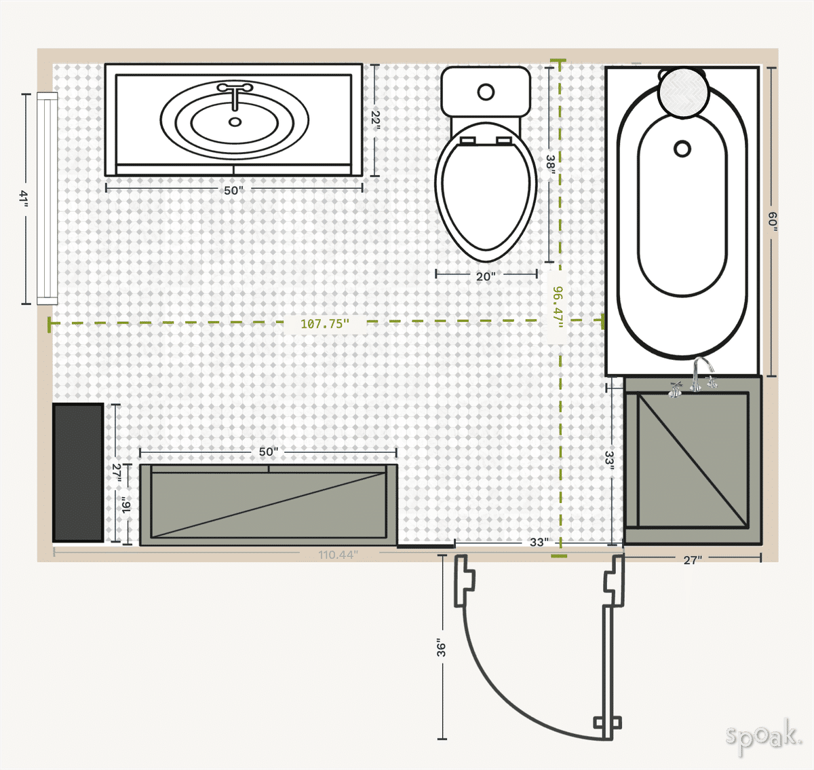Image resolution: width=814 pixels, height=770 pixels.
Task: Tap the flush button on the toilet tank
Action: coord(486,92)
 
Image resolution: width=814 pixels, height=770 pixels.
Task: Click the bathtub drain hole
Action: coord(682,148)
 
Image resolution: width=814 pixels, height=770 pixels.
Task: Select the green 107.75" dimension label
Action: coord(325,324)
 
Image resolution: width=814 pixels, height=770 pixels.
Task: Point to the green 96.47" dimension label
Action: coord(558,306)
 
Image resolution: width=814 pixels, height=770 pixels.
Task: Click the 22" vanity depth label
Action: coord(375,120)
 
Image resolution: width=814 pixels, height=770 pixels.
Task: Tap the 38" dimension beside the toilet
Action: coord(550,166)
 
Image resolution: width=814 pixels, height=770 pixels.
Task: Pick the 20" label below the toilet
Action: coord(486,276)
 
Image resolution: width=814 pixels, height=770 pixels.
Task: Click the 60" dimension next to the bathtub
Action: coord(772,221)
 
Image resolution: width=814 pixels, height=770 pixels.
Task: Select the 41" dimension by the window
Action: coord(24,198)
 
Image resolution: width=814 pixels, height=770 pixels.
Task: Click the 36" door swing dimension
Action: coord(442,648)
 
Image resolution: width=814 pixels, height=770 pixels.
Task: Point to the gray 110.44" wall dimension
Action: coord(338,555)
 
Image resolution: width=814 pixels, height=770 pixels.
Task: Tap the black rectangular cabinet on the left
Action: coord(78,473)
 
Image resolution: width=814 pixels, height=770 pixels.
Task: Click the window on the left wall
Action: coord(47,198)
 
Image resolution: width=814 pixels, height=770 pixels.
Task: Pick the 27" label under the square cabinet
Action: coord(693,560)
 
